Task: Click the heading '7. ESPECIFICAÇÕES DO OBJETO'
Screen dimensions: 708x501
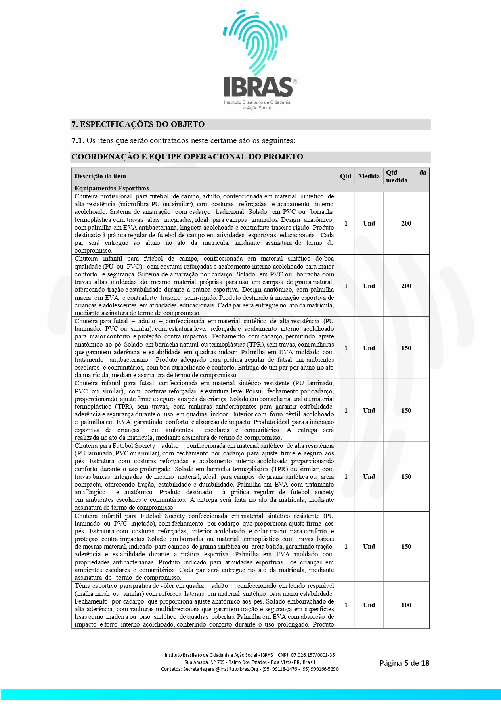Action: point(138,125)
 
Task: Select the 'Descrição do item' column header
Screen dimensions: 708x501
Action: point(100,176)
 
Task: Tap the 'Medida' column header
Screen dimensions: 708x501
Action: point(369,176)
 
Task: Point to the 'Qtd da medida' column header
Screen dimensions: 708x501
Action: point(405,176)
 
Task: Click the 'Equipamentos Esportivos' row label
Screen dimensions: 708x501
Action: point(111,188)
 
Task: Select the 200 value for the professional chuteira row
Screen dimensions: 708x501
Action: point(406,223)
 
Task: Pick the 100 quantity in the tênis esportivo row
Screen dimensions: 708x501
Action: point(406,605)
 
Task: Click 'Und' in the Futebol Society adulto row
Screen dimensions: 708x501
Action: point(369,477)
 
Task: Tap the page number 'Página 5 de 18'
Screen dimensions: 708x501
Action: point(404,663)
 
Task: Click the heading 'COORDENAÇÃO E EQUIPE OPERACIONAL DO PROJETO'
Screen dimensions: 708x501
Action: point(187,157)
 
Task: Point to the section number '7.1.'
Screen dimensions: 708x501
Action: point(78,141)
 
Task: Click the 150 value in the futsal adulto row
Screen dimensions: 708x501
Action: point(406,348)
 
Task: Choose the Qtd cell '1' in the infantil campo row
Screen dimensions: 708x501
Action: point(346,286)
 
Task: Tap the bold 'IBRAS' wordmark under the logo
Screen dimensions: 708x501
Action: point(258,87)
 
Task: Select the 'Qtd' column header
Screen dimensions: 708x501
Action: point(346,176)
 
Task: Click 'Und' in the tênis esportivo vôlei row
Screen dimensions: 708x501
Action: point(369,605)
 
